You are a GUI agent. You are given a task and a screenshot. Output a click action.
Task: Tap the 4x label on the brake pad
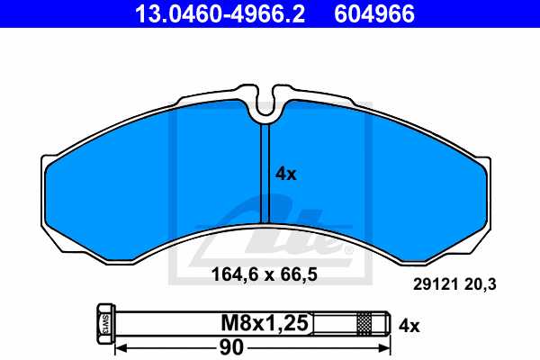[285, 175]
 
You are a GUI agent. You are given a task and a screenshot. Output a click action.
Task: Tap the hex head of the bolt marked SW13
[102, 322]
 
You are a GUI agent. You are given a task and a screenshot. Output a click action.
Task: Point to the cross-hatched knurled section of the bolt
[364, 322]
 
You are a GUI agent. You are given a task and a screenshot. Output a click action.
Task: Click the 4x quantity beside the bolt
[409, 322]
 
